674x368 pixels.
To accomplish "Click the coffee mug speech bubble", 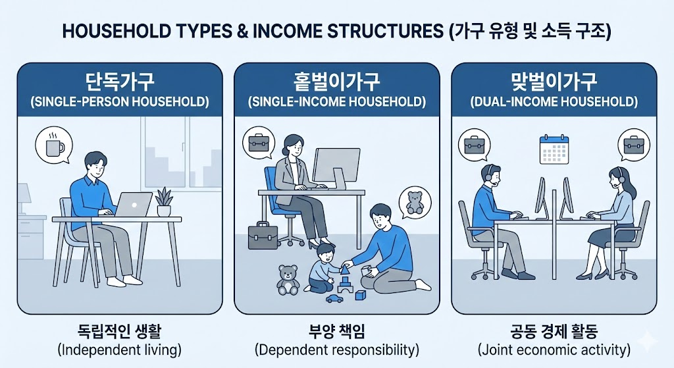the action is tap(53, 145).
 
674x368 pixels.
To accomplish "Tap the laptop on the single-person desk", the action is tap(133, 205).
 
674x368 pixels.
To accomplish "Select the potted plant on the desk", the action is tap(164, 201).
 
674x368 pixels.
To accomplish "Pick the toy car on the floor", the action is tap(334, 298).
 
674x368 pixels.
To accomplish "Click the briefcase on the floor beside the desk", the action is tap(263, 236).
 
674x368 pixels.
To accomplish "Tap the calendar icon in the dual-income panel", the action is tap(554, 149).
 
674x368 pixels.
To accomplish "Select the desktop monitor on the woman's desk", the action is tap(336, 168).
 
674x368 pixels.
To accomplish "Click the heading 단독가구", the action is tap(120, 82).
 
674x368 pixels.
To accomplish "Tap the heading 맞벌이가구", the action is tap(554, 82).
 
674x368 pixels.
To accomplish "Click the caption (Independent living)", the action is tap(120, 350).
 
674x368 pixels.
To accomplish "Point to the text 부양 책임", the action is tap(336, 331).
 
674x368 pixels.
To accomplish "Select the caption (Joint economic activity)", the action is tap(554, 350).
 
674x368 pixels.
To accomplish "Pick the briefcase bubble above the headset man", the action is tap(475, 145).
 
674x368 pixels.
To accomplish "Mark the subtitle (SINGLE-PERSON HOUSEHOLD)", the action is tap(120, 102).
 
